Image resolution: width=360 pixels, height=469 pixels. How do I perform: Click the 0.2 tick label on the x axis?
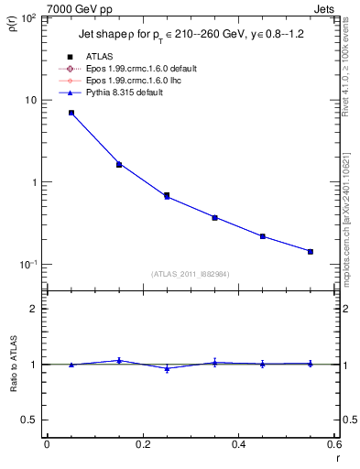(x=142, y=443)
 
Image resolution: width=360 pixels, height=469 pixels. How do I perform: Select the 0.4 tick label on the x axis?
(x=239, y=443)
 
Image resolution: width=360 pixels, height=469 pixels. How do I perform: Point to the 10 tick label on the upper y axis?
(x=31, y=100)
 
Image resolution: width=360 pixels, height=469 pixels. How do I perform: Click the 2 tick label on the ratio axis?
(x=33, y=309)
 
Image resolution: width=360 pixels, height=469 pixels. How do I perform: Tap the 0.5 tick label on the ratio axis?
(x=30, y=420)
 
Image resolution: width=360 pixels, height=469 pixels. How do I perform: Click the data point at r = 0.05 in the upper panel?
(x=71, y=113)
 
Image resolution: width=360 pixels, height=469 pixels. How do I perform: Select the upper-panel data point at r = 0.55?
(x=311, y=251)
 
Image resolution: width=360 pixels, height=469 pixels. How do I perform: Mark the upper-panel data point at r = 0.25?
(x=167, y=196)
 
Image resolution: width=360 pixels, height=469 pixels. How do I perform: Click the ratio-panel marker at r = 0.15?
(x=119, y=360)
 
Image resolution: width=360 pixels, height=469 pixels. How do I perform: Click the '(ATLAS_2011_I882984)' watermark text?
(x=191, y=274)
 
